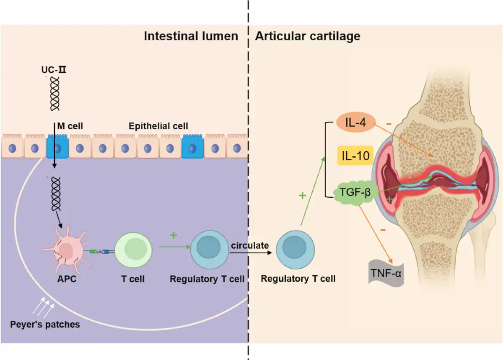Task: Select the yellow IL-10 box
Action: [353, 157]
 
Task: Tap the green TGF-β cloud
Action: [354, 194]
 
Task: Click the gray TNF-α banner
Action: [386, 274]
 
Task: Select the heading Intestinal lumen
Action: [191, 36]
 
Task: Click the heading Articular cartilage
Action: [307, 36]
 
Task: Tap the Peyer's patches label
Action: [45, 325]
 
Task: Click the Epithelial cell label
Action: [158, 126]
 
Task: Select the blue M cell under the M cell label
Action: [57, 146]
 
